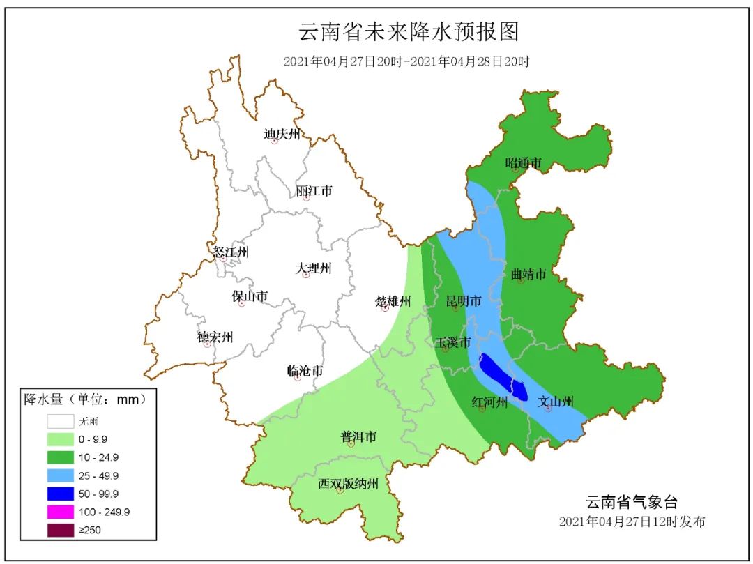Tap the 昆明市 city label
[x=464, y=302]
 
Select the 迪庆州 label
[x=282, y=134]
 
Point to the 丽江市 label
[x=314, y=190]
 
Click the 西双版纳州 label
[x=349, y=484]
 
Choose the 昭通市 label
[x=524, y=163]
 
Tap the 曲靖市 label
[x=528, y=274]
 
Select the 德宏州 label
[x=215, y=337]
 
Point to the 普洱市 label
[x=358, y=437]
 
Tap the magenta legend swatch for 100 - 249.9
[x=60, y=512]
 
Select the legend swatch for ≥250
[x=60, y=530]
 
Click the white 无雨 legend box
[x=60, y=421]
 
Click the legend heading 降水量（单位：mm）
[x=85, y=399]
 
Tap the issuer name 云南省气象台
[x=631, y=502]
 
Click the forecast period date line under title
[x=406, y=61]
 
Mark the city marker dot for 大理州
[x=305, y=275]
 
